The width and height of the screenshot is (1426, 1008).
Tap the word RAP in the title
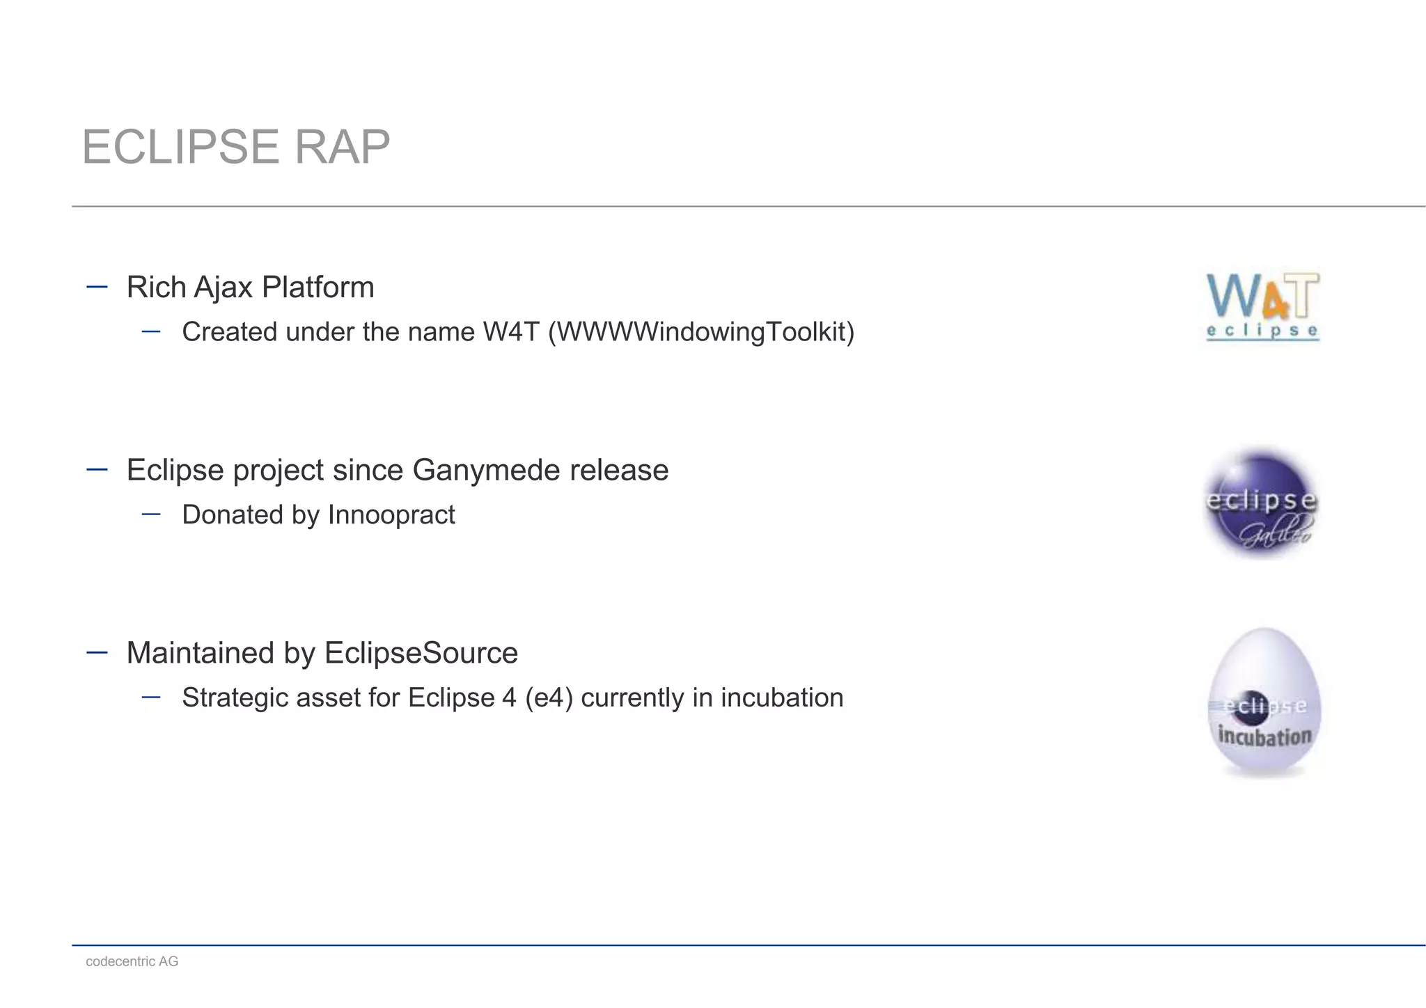pyautogui.click(x=342, y=147)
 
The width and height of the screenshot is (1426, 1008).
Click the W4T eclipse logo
pyautogui.click(x=1262, y=306)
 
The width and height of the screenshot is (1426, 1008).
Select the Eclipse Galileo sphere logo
pyautogui.click(x=1261, y=503)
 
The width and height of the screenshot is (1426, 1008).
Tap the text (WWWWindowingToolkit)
pyautogui.click(x=701, y=332)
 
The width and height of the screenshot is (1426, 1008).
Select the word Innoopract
pyautogui.click(x=391, y=515)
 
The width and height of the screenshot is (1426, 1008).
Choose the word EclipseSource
pyautogui.click(x=421, y=654)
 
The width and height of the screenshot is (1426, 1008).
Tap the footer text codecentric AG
pyautogui.click(x=132, y=961)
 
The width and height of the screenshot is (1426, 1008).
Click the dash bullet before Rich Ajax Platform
pyautogui.click(x=97, y=287)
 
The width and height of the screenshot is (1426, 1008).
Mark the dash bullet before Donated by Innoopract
pyautogui.click(x=151, y=514)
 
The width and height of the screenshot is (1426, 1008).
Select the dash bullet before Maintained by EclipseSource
pyautogui.click(x=97, y=652)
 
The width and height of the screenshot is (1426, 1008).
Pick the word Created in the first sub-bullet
pyautogui.click(x=229, y=332)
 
